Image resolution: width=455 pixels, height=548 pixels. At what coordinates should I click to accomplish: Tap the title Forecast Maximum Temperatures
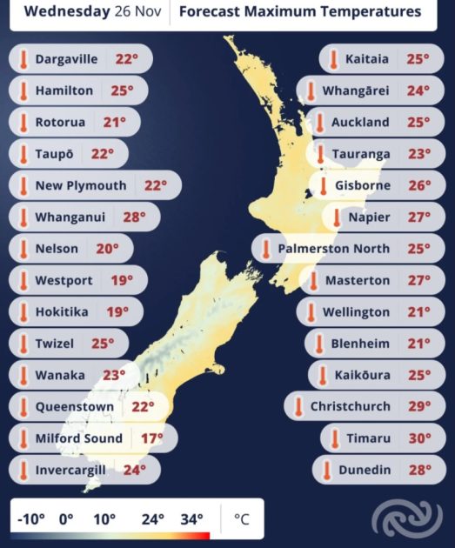299,12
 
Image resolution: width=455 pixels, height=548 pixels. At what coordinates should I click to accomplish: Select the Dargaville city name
68,60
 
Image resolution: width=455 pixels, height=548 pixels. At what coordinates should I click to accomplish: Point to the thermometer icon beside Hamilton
23,91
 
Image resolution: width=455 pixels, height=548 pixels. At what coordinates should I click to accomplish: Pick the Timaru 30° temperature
419,438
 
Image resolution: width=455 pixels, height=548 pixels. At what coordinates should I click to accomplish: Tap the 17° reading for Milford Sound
151,438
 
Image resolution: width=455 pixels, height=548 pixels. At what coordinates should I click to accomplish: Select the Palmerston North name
333,249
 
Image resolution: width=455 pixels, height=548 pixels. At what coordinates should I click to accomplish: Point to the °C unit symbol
241,520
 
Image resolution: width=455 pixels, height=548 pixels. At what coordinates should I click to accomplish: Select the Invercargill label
70,470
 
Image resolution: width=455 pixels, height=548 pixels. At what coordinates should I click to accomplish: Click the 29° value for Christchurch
419,406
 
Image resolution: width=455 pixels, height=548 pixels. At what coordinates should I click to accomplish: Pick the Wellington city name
356,312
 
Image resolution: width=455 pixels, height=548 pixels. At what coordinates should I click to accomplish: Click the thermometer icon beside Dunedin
326,470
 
